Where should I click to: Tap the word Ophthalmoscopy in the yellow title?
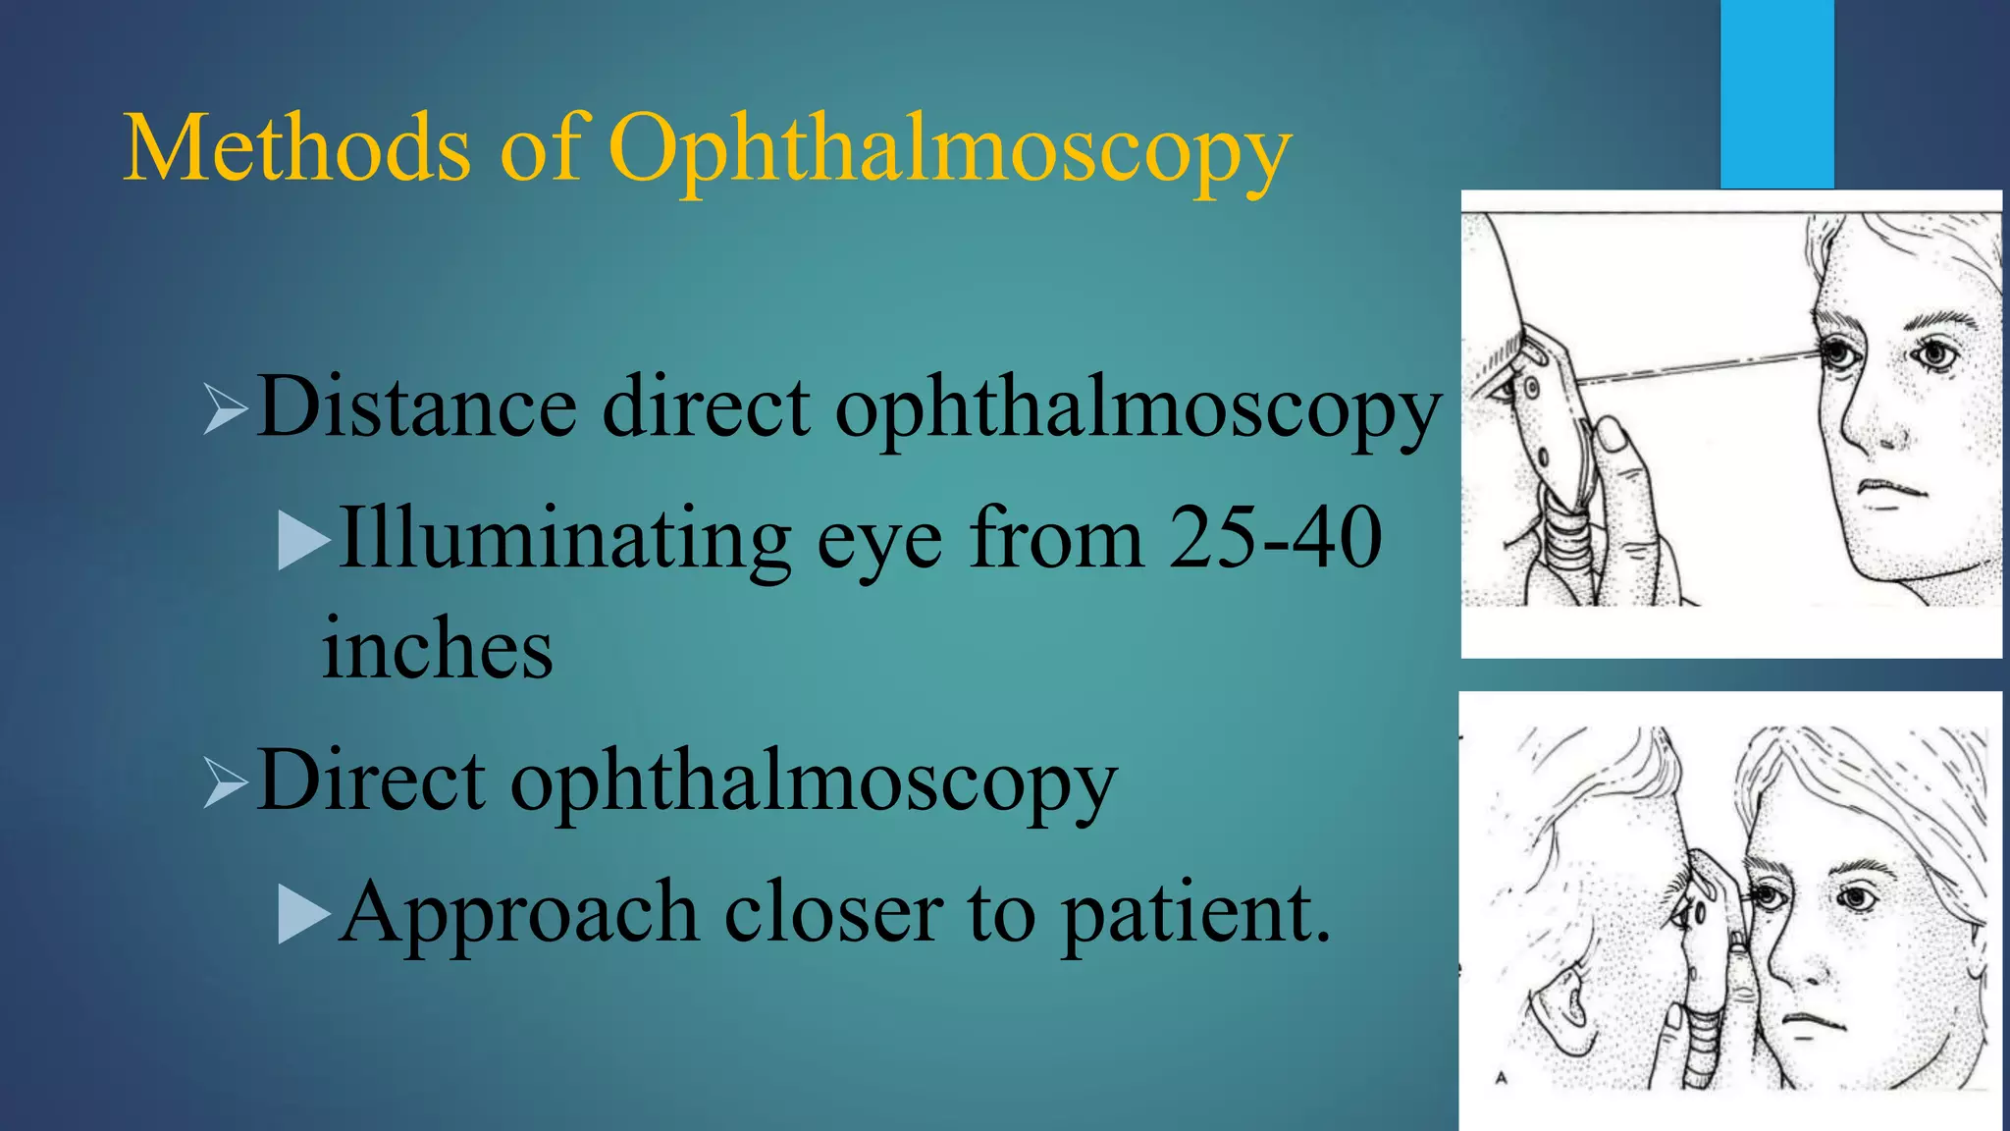tap(948, 153)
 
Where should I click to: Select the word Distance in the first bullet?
tap(417, 407)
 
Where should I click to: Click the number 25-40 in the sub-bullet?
tap(1275, 538)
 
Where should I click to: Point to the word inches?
tap(438, 649)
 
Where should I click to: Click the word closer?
tap(833, 913)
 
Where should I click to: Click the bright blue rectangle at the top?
tap(1776, 93)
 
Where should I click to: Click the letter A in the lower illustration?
tap(1501, 1078)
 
